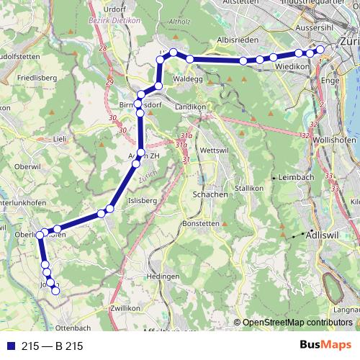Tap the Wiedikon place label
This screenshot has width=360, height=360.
click(x=291, y=67)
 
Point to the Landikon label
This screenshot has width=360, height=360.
click(x=191, y=107)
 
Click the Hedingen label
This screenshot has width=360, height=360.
click(x=161, y=276)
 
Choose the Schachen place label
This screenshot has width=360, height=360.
click(x=210, y=194)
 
